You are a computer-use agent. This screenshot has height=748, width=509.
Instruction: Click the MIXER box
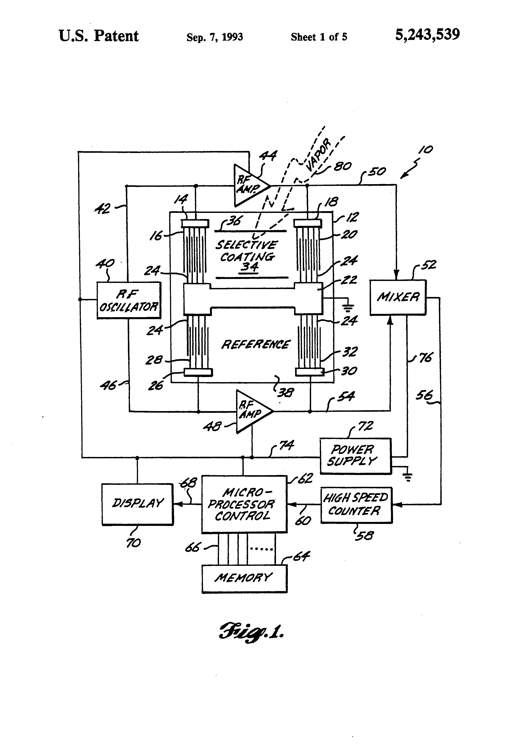click(398, 297)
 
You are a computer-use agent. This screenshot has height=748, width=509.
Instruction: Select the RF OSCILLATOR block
click(129, 300)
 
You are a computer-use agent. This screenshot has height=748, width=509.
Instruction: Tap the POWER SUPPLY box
click(355, 456)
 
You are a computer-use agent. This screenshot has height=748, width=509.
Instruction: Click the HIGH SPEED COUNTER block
click(356, 505)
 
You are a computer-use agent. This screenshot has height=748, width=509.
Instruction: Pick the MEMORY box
click(244, 578)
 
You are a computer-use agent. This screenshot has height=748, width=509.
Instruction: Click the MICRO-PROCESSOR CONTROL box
click(244, 504)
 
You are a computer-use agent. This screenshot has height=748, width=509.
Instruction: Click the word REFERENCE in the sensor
click(256, 344)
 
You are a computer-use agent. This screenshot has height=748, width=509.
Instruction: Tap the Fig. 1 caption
click(251, 631)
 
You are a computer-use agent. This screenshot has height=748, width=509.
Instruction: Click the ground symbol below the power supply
click(407, 477)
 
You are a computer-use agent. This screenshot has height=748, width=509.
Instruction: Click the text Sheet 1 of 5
click(319, 37)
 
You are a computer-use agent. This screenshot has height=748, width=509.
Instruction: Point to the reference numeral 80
click(342, 166)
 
